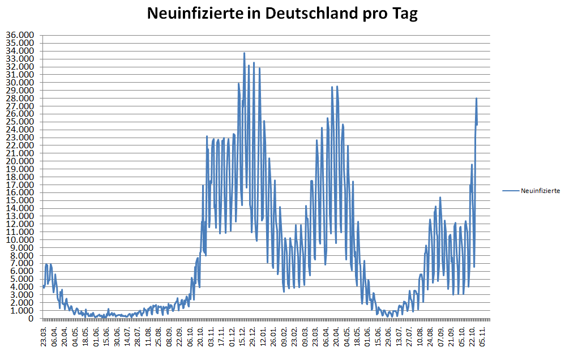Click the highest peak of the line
pyautogui.click(x=244, y=53)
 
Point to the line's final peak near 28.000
pyautogui.click(x=477, y=98)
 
